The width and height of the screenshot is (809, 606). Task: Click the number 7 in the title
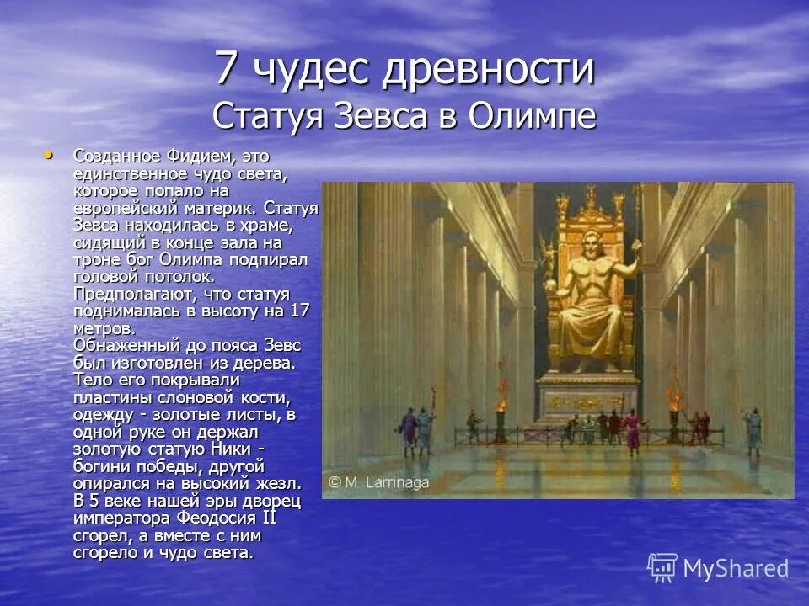pos(225,69)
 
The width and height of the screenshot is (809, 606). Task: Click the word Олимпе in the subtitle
pos(528,115)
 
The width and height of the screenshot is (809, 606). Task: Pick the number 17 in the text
pos(300,311)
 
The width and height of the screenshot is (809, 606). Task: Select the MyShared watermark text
pos(735,568)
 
